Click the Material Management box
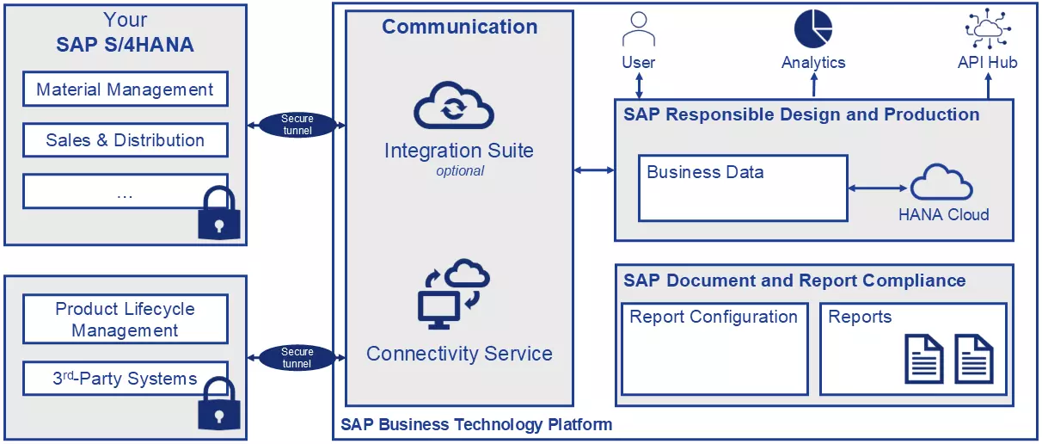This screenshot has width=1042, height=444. tap(125, 89)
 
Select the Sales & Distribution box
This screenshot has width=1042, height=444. tap(125, 140)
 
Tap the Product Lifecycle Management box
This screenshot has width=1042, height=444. tap(125, 319)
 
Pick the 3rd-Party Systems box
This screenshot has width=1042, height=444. tap(125, 379)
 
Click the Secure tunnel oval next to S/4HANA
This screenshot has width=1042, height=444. tap(297, 125)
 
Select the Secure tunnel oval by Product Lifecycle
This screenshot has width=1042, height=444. tap(297, 357)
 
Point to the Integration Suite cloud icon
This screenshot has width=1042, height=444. tap(453, 108)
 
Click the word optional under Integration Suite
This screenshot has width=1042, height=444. tap(460, 171)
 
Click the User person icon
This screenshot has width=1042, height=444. tap(638, 30)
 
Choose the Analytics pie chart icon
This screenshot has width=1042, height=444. tap(813, 28)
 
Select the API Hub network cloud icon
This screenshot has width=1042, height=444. tap(987, 28)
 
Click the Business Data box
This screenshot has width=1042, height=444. tap(743, 188)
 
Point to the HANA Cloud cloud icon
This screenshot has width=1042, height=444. tap(941, 183)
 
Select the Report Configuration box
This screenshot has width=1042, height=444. tap(714, 348)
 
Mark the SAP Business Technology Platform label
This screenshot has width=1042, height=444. tap(476, 424)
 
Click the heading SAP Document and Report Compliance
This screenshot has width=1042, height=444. tap(794, 281)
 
